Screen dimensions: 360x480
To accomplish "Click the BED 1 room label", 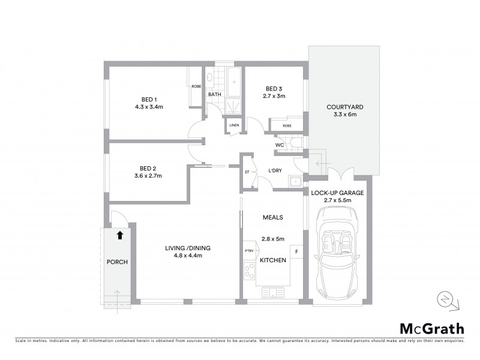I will [149, 99].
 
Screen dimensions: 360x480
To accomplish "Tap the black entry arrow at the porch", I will [119, 236].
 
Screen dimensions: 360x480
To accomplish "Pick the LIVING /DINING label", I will [188, 248].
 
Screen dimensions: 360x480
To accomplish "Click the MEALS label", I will [272, 217].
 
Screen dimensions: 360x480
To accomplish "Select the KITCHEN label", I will [272, 260].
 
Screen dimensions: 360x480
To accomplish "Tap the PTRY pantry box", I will [249, 251].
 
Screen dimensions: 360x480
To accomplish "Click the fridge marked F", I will [296, 251].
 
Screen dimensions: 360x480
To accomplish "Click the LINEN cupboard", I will [234, 125].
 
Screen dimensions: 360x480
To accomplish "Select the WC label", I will [280, 145].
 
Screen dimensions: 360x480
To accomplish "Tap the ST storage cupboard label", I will [247, 172].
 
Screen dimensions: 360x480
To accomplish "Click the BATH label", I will [215, 95].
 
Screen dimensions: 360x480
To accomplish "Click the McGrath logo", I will [431, 328].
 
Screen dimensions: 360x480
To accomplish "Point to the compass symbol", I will [445, 300].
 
